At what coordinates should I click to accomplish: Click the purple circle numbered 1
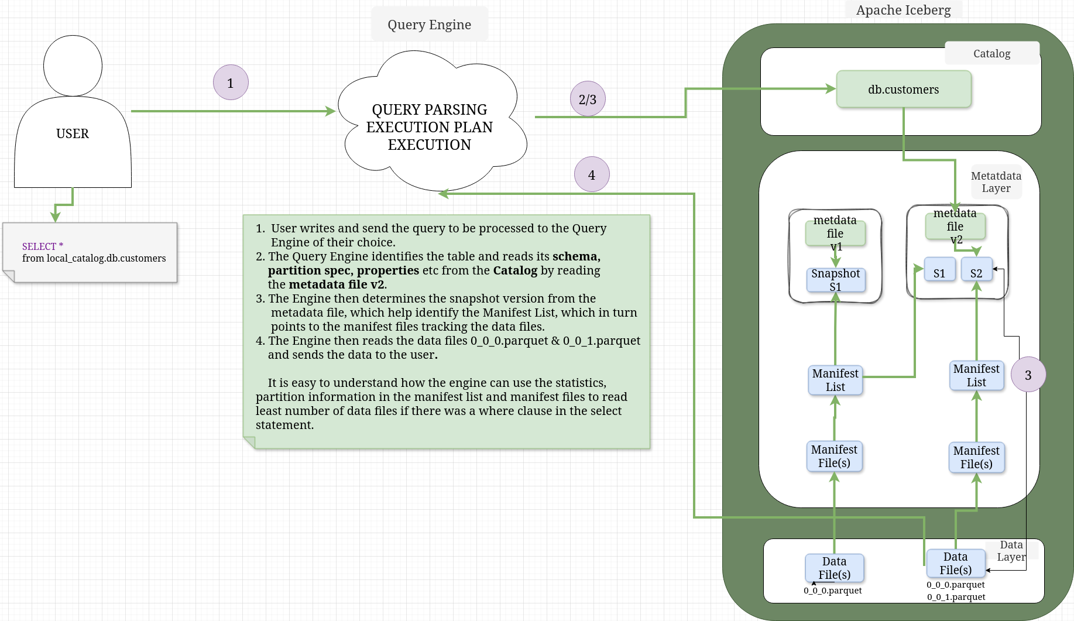tap(231, 83)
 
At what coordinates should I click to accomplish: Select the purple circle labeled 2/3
tap(588, 99)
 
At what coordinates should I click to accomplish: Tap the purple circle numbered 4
tap(592, 174)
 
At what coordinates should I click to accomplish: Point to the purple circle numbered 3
tap(1028, 375)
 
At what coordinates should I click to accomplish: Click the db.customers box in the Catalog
tap(903, 90)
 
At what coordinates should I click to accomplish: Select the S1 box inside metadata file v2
tap(939, 270)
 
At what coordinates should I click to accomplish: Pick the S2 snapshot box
tap(976, 270)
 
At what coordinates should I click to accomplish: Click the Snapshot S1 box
tap(835, 280)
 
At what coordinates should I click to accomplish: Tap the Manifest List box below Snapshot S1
tap(835, 380)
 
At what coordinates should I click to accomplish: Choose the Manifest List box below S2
tap(976, 375)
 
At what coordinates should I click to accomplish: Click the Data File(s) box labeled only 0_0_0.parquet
tap(834, 568)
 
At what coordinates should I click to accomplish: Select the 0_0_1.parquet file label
tap(956, 597)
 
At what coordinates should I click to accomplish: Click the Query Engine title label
tap(429, 25)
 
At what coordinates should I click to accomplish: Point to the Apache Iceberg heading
tap(903, 10)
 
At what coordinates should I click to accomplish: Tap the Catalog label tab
tap(991, 53)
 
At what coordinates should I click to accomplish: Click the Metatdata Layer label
tap(996, 182)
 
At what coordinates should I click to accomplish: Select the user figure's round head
tap(73, 66)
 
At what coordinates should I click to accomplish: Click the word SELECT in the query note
tap(39, 246)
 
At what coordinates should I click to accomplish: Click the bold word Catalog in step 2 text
tap(515, 270)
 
